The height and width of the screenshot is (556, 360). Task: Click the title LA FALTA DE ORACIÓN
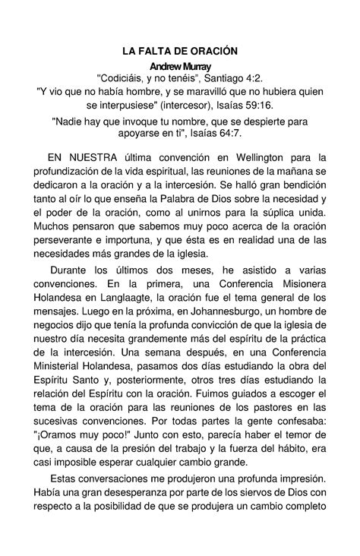pos(180,51)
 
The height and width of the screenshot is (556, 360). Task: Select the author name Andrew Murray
pos(180,67)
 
